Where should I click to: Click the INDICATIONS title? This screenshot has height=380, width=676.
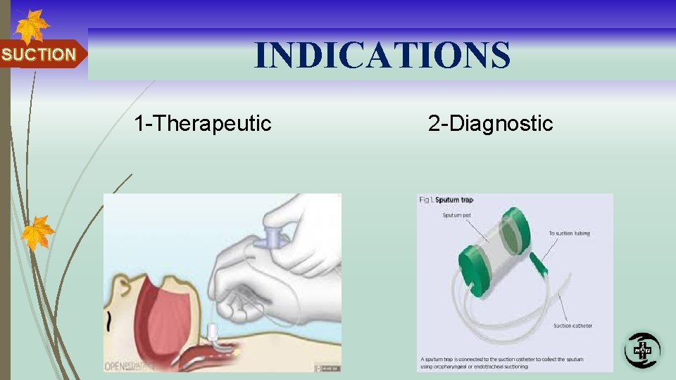pos(382,55)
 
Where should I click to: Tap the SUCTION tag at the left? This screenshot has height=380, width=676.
pos(39,55)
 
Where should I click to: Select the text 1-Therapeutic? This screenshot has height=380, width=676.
pos(203,124)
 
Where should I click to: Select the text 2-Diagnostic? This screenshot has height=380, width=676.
pos(490,124)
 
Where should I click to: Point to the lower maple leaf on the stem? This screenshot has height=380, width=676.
pos(37,232)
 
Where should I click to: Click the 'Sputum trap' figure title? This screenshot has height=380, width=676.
pos(453,200)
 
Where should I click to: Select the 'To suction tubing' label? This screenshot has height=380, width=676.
pos(569,234)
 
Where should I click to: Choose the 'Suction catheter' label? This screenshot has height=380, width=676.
pos(572,326)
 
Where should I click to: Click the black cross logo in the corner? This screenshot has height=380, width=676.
pos(642,350)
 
